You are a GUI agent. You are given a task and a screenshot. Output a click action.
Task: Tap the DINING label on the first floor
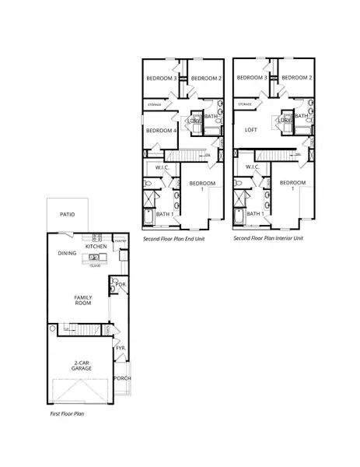[x=67, y=253]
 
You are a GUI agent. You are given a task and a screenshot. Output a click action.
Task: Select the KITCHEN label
[x=96, y=246]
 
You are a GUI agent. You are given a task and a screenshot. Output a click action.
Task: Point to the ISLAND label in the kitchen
[x=95, y=265]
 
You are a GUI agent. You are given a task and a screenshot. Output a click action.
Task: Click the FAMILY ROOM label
[x=83, y=300]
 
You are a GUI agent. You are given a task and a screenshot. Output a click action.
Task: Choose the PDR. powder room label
[x=121, y=286]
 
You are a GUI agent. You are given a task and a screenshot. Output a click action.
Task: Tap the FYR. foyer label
[x=121, y=348]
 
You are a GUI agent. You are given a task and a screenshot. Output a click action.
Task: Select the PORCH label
[x=122, y=379]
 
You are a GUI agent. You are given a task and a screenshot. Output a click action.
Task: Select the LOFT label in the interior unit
[x=250, y=130]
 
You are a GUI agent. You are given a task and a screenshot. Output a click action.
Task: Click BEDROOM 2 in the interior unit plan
[x=296, y=78]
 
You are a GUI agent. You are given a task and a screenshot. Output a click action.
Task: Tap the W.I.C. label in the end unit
[x=163, y=167]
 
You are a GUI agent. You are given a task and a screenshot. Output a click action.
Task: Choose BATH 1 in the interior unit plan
[x=255, y=213]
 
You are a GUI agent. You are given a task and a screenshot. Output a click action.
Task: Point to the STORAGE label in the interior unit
[x=245, y=104]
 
